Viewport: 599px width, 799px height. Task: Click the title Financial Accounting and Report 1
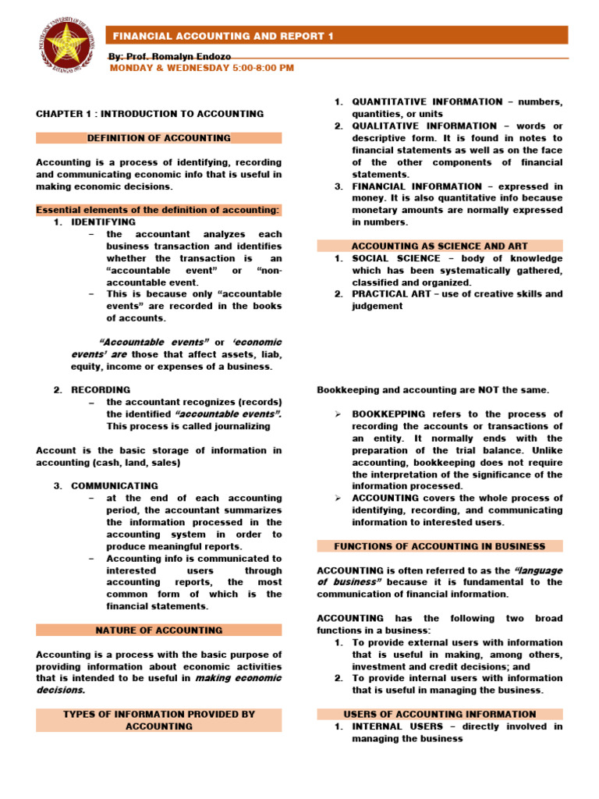(x=213, y=37)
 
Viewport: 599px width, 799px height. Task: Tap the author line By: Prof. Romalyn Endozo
(x=168, y=57)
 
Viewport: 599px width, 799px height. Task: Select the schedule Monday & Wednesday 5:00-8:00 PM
(x=200, y=68)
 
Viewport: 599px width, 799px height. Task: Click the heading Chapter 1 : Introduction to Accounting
(x=150, y=113)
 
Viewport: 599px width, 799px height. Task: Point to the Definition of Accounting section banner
(x=158, y=138)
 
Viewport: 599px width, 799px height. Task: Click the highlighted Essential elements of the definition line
(x=158, y=210)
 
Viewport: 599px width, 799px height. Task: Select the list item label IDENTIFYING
(x=103, y=222)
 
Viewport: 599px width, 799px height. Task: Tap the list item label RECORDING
(x=101, y=389)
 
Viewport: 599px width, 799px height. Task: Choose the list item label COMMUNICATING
(x=114, y=485)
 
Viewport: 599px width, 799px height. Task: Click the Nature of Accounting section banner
(x=158, y=630)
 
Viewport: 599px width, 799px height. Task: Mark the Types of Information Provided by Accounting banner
(x=158, y=719)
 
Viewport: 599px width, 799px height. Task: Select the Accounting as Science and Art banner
(x=439, y=246)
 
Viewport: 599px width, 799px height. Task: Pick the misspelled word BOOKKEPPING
(x=388, y=414)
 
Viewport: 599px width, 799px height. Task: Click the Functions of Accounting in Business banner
(x=439, y=546)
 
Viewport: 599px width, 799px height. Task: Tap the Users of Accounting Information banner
(x=439, y=714)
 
